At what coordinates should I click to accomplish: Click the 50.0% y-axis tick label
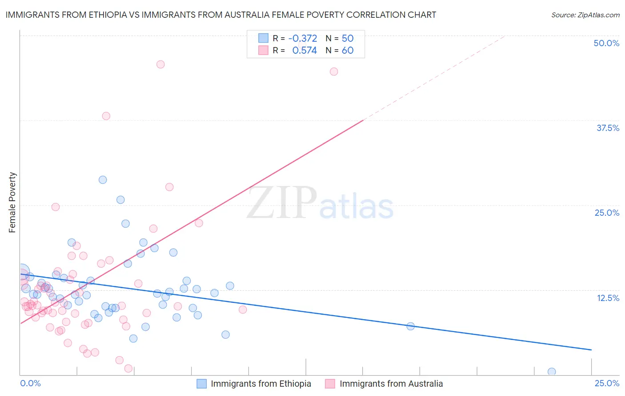point(606,43)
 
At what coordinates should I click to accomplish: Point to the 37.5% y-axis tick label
point(608,128)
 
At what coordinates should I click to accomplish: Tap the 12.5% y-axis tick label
point(608,298)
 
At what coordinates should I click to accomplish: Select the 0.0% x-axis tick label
point(30,383)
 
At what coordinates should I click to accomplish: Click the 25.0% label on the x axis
point(607,383)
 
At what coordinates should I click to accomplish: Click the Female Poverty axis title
point(12,202)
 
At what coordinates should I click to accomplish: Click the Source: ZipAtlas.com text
point(585,15)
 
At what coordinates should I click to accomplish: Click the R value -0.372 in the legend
point(302,38)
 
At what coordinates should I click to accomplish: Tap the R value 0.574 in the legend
point(304,50)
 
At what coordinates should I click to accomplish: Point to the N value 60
point(348,50)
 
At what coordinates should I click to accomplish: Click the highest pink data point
point(160,64)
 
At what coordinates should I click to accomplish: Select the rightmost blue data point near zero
point(552,372)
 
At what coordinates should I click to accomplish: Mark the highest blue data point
point(103,180)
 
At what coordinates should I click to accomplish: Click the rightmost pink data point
point(334,71)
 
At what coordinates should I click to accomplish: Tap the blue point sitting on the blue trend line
point(411,326)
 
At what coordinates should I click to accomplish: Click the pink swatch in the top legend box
point(264,50)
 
